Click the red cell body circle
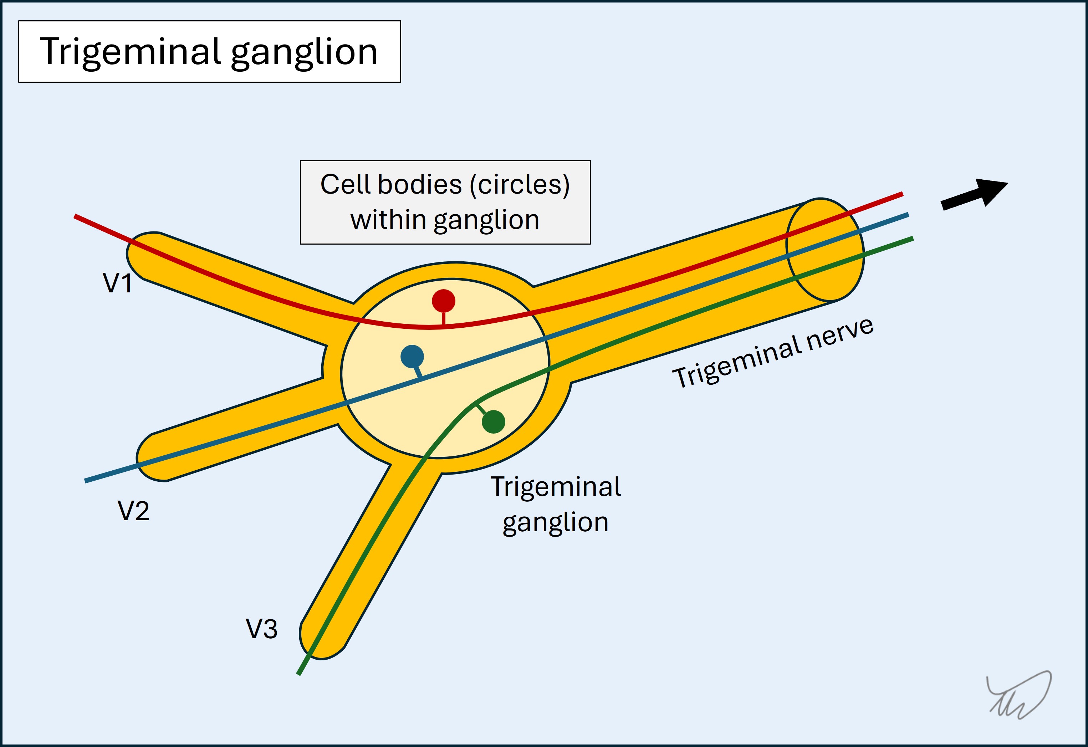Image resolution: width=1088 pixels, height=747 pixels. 443,301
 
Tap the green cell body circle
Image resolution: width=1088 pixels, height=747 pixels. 494,422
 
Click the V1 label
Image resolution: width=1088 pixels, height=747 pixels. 117,283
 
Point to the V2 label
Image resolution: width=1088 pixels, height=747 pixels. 133,511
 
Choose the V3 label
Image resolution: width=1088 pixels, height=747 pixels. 262,629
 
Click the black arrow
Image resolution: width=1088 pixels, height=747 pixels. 974,196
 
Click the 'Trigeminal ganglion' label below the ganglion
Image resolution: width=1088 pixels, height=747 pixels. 556,504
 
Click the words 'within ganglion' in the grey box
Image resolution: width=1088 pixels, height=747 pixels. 445,220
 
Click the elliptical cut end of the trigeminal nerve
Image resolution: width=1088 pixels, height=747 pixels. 825,249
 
